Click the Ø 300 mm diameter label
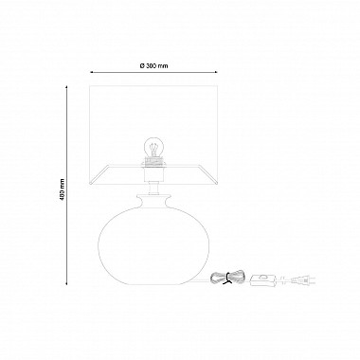tap(153, 65)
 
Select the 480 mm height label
tap(63, 189)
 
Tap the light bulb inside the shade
tap(153, 148)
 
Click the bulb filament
tap(153, 149)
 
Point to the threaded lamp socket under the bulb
tap(153, 162)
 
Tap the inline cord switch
tap(262, 280)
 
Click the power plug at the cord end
tap(304, 280)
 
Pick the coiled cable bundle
tap(228, 278)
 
